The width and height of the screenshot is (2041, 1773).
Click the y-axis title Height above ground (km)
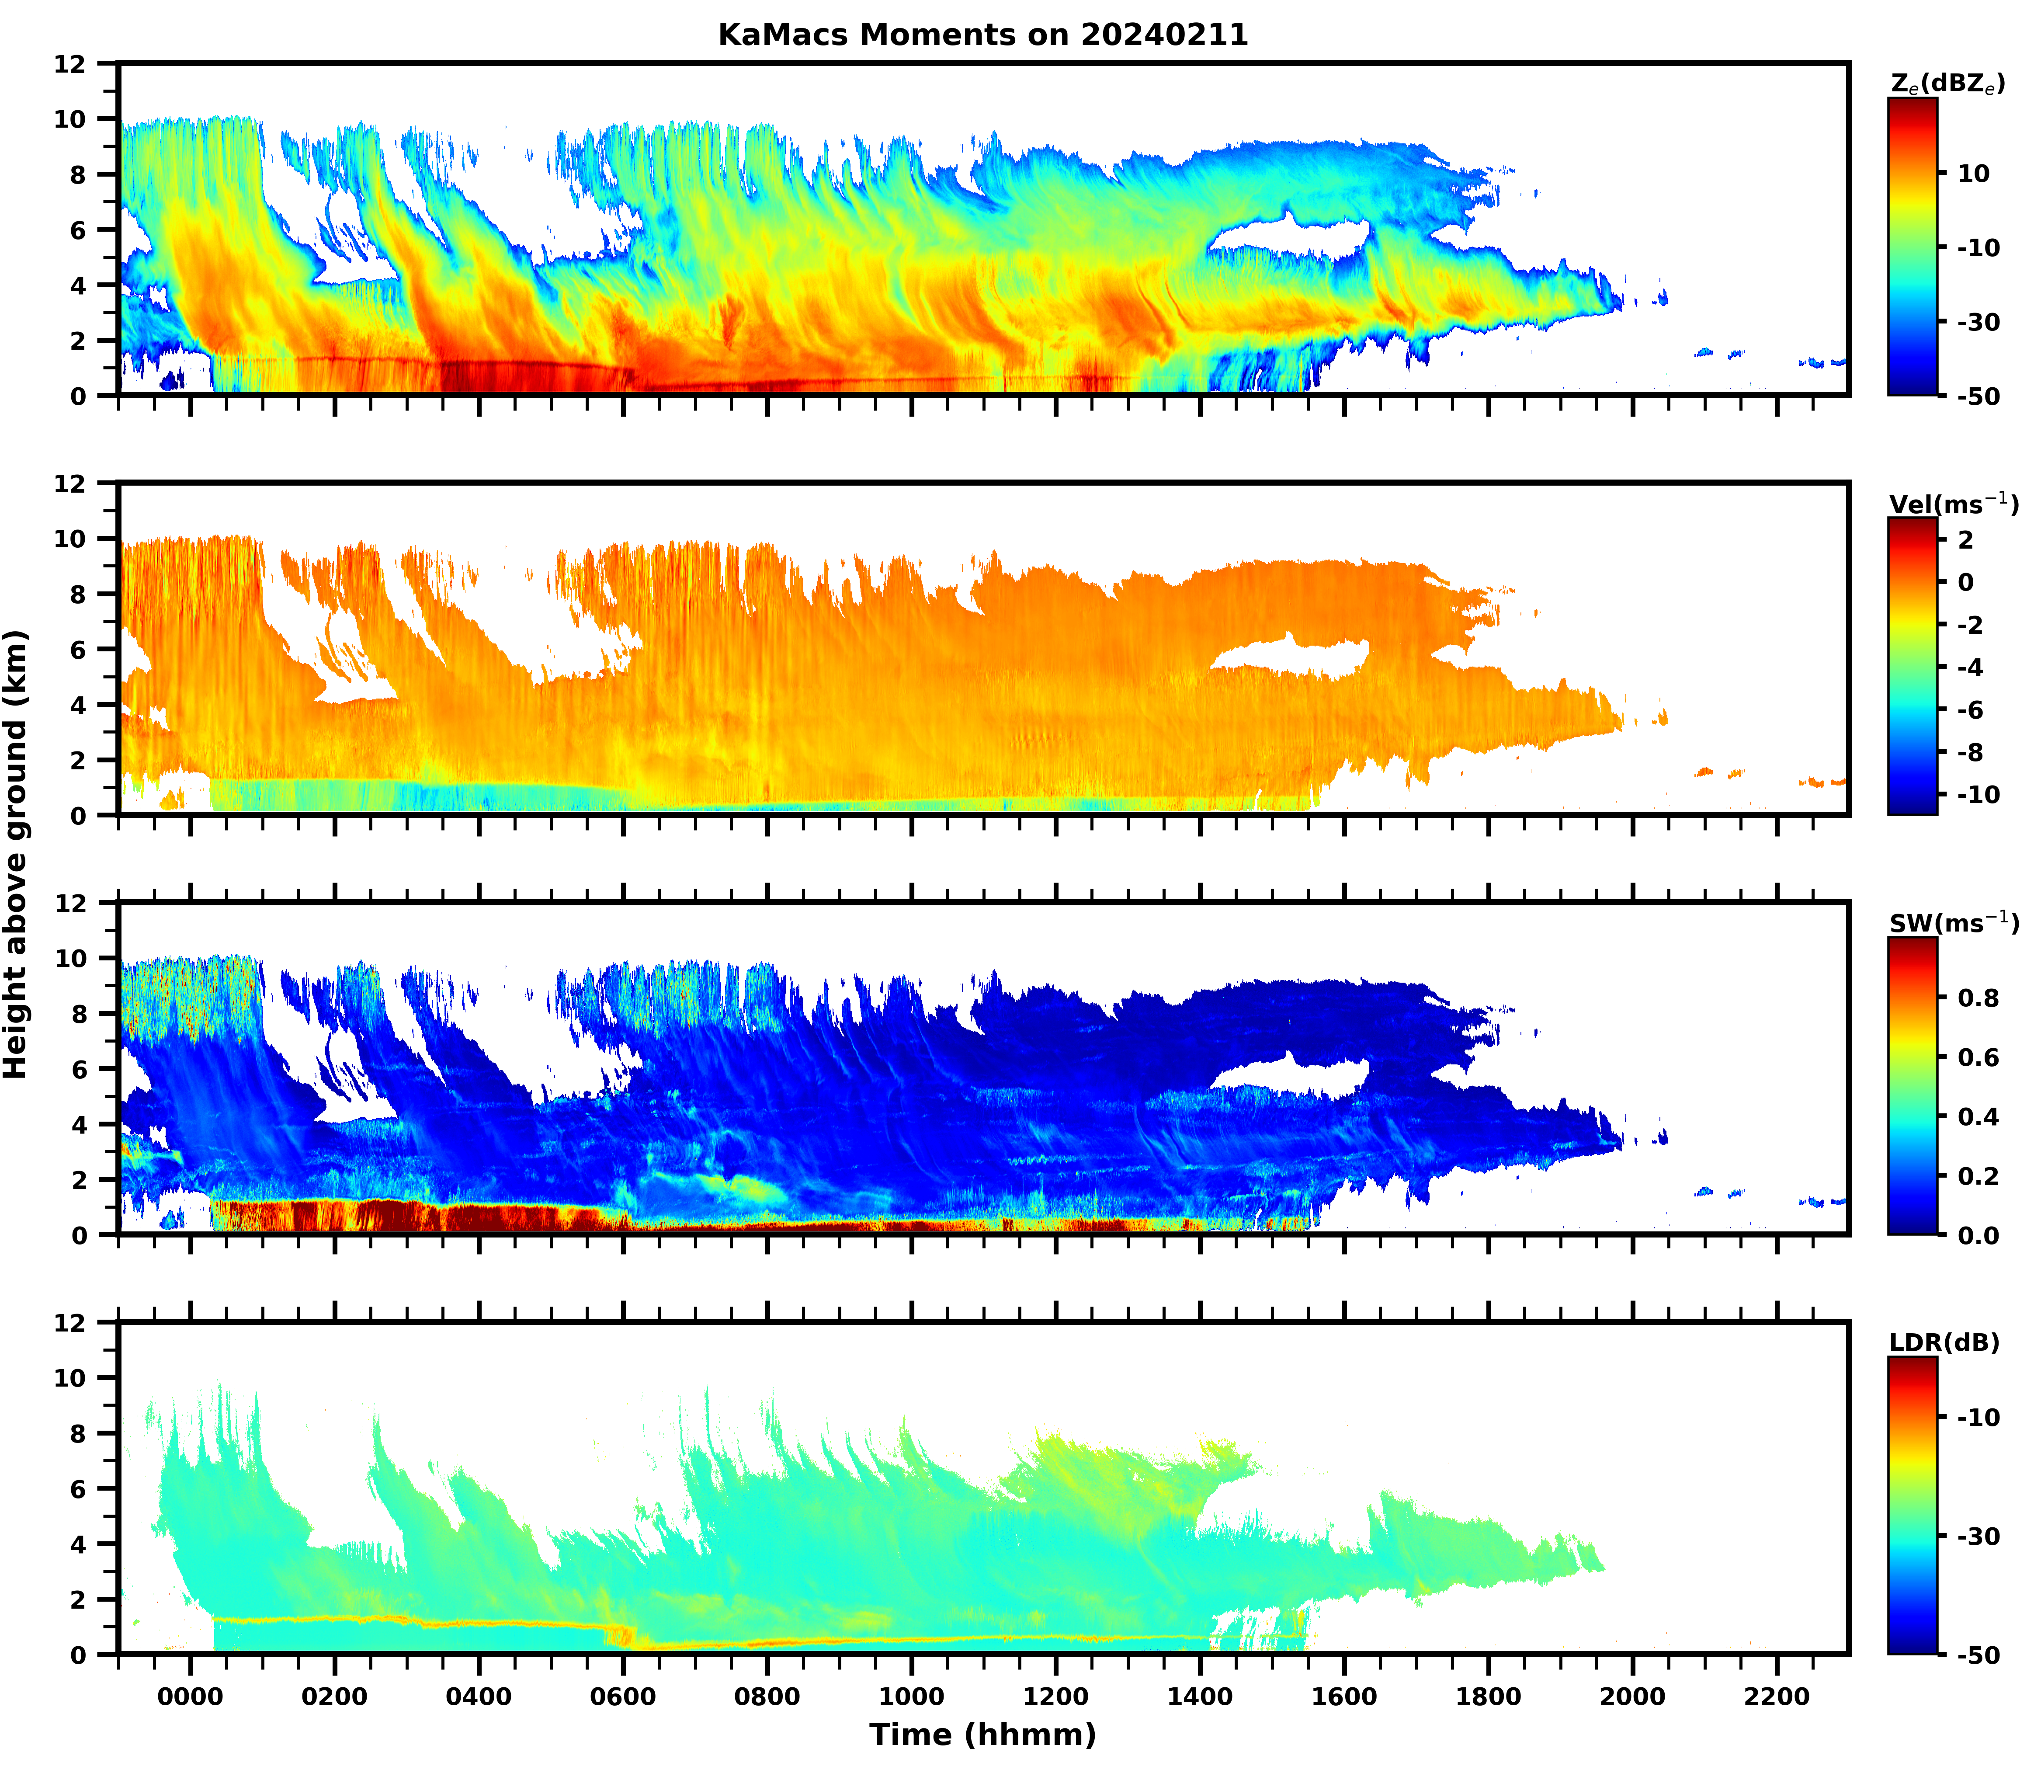pos(16,854)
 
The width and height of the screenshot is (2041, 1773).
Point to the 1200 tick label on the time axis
pos(1055,1697)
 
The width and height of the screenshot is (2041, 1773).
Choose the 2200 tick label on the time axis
pos(1777,1697)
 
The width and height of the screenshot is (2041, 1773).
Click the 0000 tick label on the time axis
pos(190,1697)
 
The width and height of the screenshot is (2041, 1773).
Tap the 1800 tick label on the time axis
pos(1488,1697)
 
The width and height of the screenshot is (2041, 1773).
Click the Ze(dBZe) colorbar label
pos(1947,84)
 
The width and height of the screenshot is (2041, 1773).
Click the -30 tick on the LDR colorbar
pos(1977,1537)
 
